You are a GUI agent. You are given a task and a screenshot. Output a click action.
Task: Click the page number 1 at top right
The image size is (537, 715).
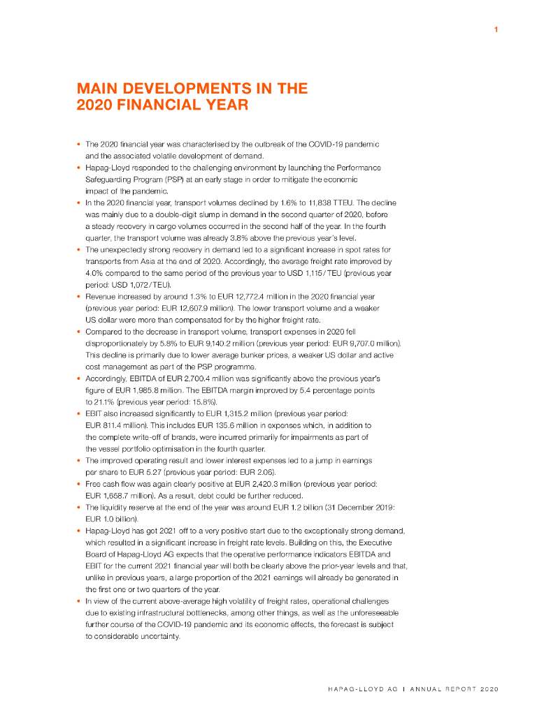tap(495, 29)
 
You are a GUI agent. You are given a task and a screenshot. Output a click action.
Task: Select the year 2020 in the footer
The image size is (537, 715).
tap(488, 688)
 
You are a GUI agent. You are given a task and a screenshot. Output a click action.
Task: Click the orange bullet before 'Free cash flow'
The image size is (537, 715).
tap(78, 483)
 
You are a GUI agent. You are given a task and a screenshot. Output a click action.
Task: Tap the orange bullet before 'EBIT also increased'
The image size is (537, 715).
tap(78, 413)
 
